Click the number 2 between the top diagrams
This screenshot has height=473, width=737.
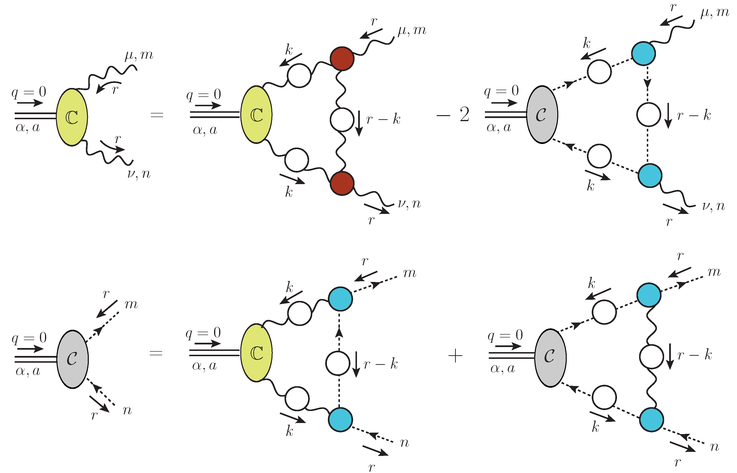tap(464, 115)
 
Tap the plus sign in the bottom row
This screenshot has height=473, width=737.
tap(455, 356)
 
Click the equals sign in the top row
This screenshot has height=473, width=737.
tap(157, 115)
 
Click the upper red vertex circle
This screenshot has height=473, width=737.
tap(342, 59)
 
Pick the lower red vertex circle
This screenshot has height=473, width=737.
tap(342, 183)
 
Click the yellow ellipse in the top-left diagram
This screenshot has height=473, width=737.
tap(72, 117)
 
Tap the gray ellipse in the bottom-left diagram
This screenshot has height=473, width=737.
tap(73, 359)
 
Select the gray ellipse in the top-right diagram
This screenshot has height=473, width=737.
tap(542, 115)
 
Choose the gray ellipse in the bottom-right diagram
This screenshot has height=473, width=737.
tap(550, 358)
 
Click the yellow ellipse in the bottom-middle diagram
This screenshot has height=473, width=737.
tap(257, 353)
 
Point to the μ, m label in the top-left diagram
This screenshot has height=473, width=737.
tap(139, 56)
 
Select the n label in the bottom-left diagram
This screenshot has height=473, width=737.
tap(127, 410)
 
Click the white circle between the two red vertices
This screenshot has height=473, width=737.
tap(342, 119)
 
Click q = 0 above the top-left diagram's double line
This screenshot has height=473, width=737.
tap(29, 92)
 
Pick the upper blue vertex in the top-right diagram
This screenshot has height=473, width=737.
tap(643, 53)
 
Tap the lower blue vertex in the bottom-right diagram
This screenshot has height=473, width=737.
tap(651, 420)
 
